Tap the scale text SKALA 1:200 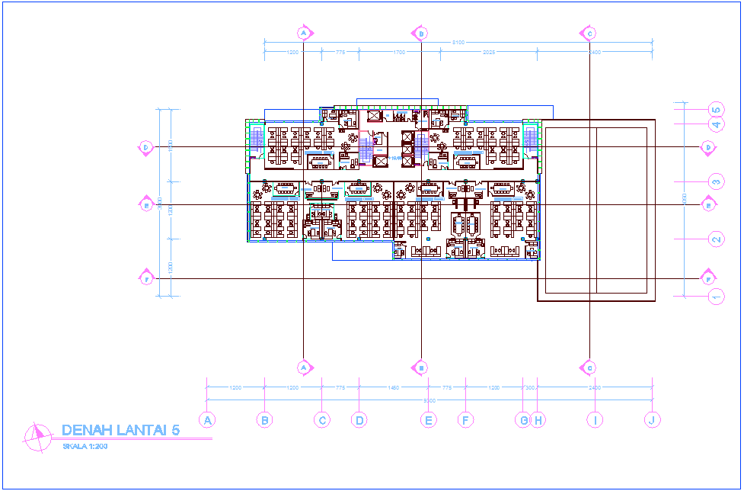coord(85,446)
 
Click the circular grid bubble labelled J coord(651,419)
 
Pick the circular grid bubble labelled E coord(429,419)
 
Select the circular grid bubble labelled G coord(522,419)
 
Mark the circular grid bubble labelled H coord(538,419)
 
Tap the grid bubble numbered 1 coord(716,297)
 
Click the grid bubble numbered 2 coord(716,239)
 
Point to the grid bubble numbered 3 coord(716,181)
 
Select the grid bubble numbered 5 coord(716,109)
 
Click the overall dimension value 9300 coord(429,400)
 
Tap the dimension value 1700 coord(398,53)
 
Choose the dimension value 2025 coord(488,53)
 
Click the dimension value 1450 coord(393,388)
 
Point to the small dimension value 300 coord(530,388)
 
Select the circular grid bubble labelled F coord(465,419)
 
